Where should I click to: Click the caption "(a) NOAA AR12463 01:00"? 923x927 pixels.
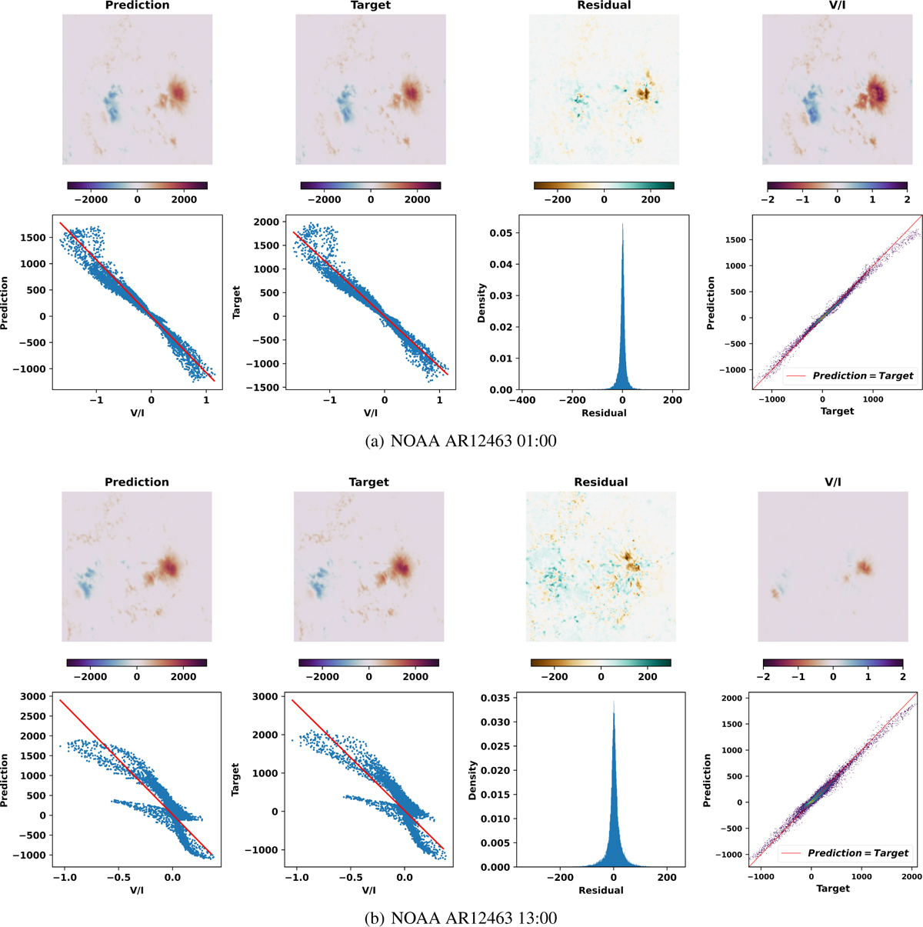(461, 441)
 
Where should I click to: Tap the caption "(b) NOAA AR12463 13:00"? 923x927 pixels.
(461, 917)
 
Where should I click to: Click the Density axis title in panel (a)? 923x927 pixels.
(481, 303)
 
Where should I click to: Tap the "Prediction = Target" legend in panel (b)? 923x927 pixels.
(847, 853)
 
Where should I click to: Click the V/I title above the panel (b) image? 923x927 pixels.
(832, 482)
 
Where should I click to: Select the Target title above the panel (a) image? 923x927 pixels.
(371, 5)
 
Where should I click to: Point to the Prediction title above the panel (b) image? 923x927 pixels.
(136, 482)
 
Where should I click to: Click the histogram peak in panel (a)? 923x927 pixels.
(622, 225)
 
